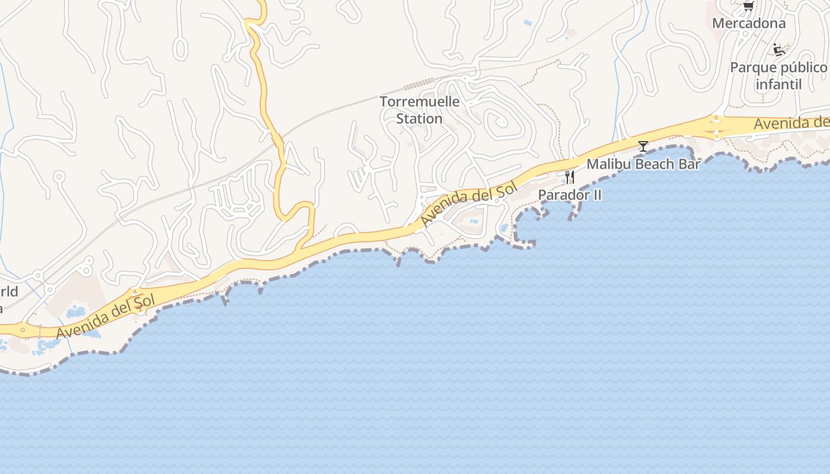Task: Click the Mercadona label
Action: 748,24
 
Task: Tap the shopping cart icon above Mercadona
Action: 748,6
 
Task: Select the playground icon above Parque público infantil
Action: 778,50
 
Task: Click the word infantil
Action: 778,85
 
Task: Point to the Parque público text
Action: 778,68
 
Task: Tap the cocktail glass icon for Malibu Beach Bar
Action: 643,146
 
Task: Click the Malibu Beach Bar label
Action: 643,164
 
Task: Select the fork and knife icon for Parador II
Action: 570,177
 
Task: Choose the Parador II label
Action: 570,195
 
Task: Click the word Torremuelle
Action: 420,102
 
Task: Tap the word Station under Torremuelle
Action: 420,119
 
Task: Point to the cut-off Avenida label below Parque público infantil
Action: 791,123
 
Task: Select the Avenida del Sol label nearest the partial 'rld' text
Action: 106,318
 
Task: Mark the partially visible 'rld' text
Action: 9,292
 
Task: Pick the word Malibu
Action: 606,164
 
